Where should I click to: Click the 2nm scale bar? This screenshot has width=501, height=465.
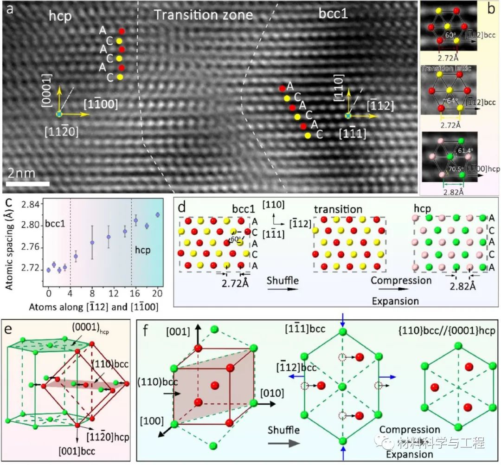point(28,184)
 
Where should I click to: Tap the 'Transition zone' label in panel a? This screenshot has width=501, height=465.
point(203,15)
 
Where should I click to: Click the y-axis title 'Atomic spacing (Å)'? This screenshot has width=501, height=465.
point(6,243)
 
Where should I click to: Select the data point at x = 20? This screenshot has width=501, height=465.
point(158,215)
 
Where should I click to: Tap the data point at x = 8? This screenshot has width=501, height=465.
point(92,242)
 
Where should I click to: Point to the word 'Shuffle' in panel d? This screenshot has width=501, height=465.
point(282,281)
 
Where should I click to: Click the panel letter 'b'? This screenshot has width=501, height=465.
point(491,9)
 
